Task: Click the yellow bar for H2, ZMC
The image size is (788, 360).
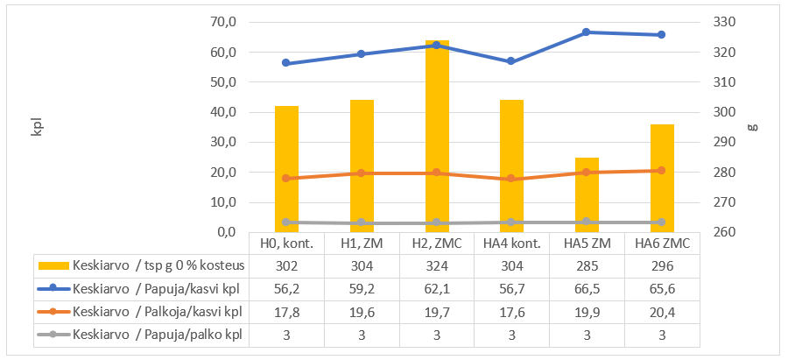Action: point(437,136)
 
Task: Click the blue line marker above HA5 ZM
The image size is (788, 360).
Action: point(587,32)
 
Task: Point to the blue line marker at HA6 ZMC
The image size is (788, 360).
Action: point(661,35)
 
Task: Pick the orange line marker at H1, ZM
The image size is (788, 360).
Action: point(362,173)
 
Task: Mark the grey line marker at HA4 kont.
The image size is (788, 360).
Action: point(511,222)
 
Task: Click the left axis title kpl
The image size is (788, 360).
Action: point(37,126)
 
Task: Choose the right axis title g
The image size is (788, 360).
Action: point(751,126)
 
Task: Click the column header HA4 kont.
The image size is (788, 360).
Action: point(511,243)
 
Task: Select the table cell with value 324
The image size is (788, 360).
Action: point(437,265)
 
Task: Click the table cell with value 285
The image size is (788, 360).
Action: point(587,265)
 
